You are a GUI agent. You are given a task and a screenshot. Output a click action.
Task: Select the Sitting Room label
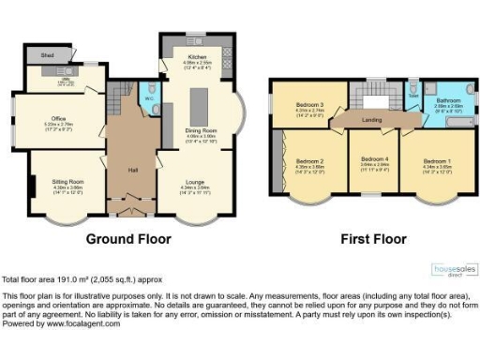[x=68, y=181]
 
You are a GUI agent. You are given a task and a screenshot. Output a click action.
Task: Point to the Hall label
[x=133, y=170]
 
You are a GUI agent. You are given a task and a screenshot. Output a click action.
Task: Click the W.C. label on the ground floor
[x=150, y=97]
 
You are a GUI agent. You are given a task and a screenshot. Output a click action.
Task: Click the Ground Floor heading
[x=129, y=239]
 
